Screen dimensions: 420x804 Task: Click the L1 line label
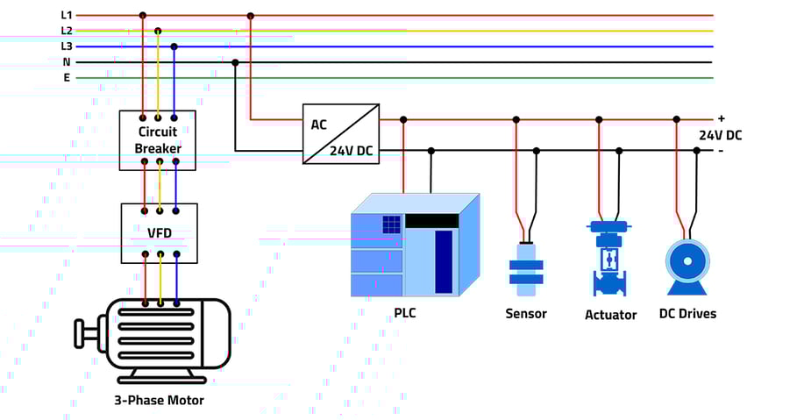tap(67, 15)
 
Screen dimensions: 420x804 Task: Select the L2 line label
tap(67, 31)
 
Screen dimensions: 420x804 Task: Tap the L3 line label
tap(67, 46)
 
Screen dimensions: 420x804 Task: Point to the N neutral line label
tap(67, 62)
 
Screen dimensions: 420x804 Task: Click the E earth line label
tap(67, 78)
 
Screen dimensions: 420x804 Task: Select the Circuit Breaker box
tap(158, 140)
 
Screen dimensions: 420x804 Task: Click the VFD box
tap(159, 233)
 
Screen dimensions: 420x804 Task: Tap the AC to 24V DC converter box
tap(341, 134)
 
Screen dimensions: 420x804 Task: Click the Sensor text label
tap(526, 314)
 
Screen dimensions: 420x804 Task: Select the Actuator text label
tap(610, 315)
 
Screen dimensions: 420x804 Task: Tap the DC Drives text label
tap(687, 313)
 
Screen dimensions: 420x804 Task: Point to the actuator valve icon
tap(610, 259)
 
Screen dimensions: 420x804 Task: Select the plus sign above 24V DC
tap(722, 118)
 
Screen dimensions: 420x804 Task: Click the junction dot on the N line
tap(235, 62)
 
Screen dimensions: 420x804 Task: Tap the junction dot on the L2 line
tap(158, 31)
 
